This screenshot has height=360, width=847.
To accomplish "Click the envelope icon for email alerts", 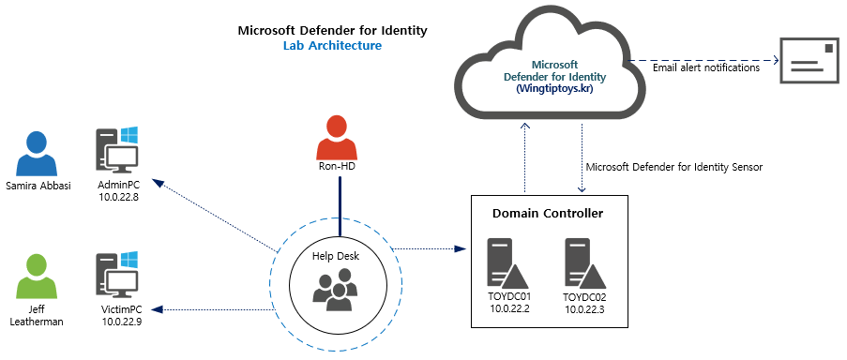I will coord(809,63).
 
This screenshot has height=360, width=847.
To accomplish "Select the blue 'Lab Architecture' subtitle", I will coord(332,45).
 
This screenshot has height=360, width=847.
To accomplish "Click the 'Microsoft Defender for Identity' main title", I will coord(332,30).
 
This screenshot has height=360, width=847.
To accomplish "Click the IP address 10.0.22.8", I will coord(119,197).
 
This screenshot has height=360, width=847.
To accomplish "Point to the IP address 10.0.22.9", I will coord(119,322).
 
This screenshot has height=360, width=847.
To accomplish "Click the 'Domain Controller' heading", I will coord(548,214).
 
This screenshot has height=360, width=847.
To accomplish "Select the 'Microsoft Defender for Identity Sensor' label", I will coord(673,167).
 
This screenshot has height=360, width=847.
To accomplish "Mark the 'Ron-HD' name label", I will coord(337,167).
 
